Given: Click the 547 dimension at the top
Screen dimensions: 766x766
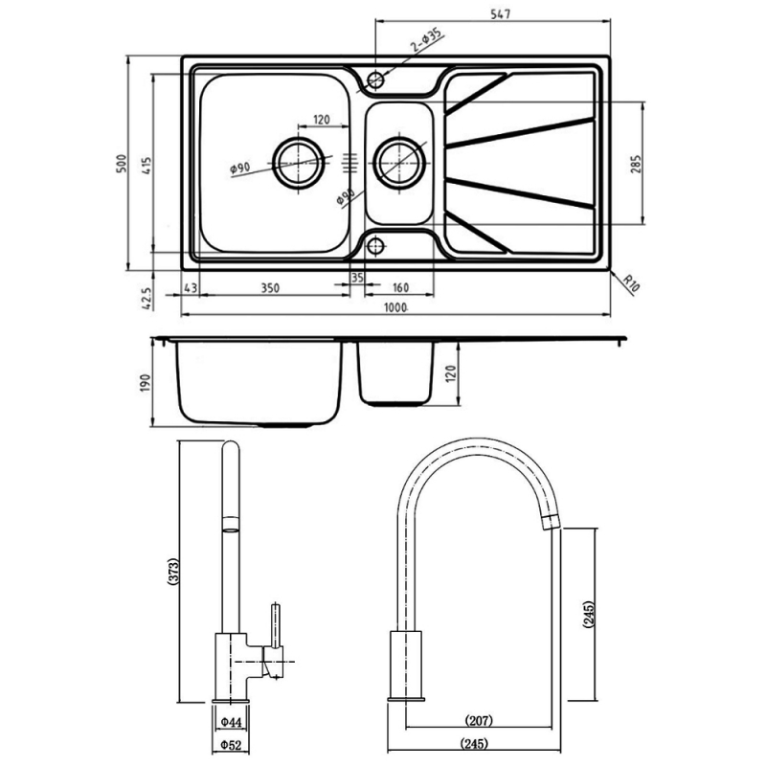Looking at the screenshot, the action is point(500,14).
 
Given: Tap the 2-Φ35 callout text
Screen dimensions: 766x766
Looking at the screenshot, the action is point(425,39).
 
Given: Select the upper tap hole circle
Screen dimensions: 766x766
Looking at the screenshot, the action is point(375,79).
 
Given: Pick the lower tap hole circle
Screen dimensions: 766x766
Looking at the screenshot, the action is point(375,246).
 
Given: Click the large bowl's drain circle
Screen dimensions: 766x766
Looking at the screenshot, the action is point(298,162).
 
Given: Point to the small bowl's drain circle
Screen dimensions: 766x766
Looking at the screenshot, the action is point(399,163).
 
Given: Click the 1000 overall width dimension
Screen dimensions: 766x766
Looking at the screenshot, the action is point(395,307).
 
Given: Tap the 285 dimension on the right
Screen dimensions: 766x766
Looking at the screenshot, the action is point(635,164).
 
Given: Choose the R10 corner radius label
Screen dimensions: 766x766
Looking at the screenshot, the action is point(631,283).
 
